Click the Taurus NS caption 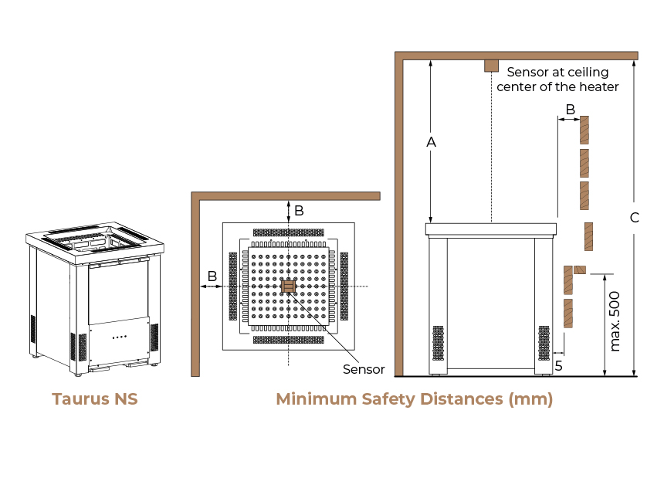click(95, 398)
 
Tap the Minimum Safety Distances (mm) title click(414, 399)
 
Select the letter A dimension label click(431, 142)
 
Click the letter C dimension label click(635, 218)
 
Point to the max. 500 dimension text click(615, 321)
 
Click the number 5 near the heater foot click(558, 365)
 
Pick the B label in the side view click(571, 110)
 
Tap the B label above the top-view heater click(299, 210)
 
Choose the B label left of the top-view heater click(212, 276)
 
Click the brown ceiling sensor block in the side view click(491, 66)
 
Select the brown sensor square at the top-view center click(289, 286)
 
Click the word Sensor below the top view click(364, 370)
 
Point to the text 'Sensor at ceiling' click(557, 73)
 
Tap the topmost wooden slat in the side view click(584, 131)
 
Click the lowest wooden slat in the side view click(568, 314)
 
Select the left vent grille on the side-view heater click(439, 343)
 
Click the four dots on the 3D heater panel click(120, 337)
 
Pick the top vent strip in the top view click(289, 232)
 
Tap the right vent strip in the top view click(344, 286)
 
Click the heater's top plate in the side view click(491, 229)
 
